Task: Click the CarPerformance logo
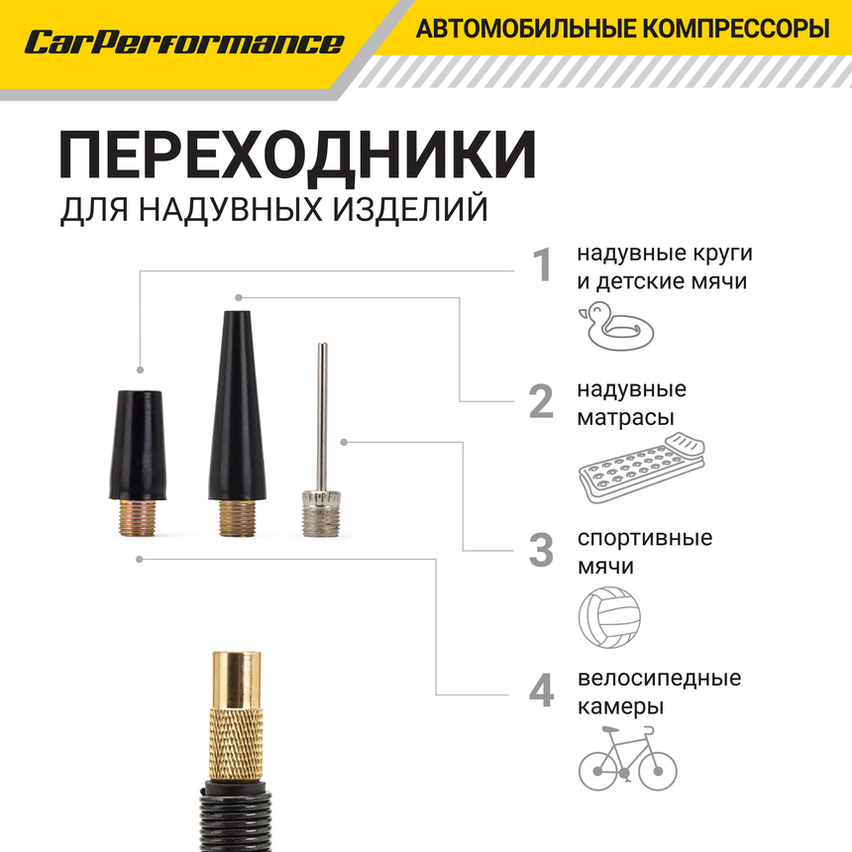184,43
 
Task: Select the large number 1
542,266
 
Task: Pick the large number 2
541,401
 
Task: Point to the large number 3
541,551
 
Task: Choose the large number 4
541,692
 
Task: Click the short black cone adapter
137,445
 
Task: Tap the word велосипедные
659,679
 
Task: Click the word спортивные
645,538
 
